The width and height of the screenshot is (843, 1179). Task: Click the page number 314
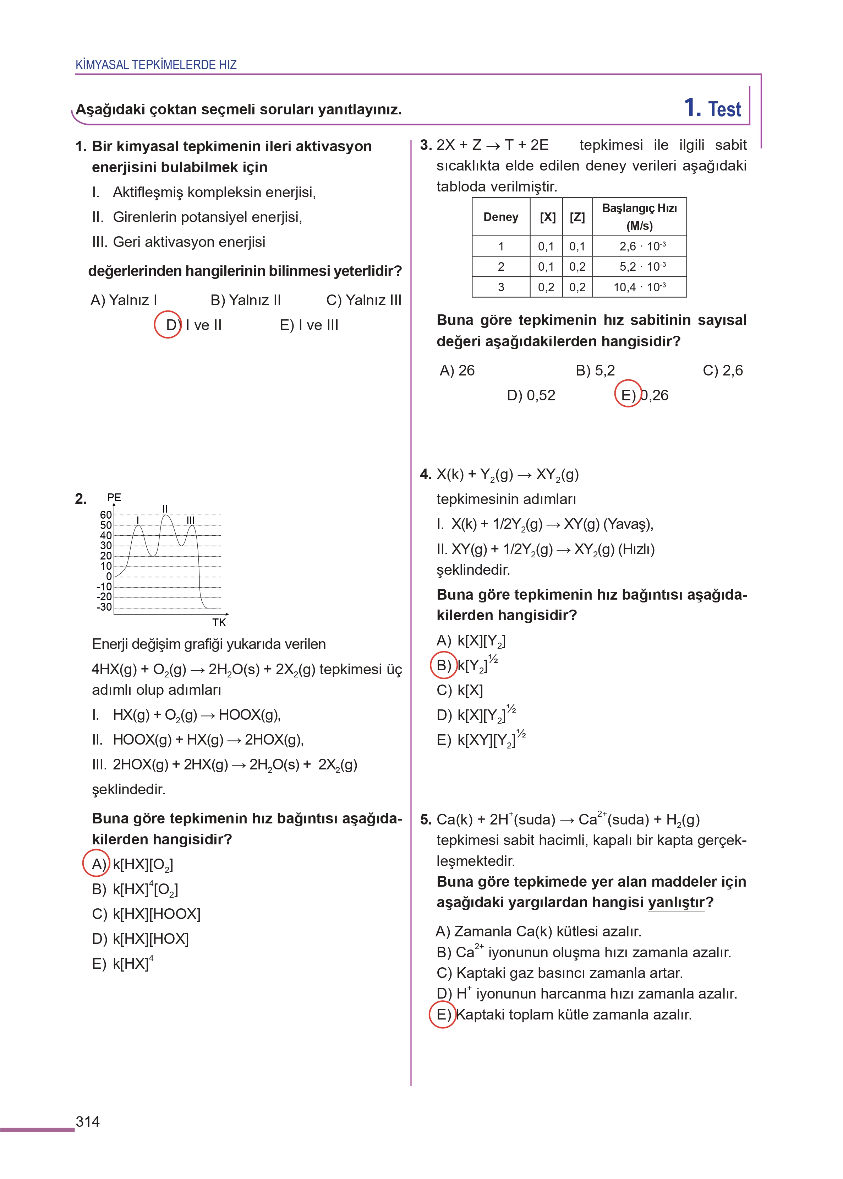tap(87, 1121)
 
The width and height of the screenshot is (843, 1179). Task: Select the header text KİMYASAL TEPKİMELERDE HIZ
tap(156, 65)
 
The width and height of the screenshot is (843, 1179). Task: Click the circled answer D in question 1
tap(168, 325)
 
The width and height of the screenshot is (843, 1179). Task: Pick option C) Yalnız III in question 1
tap(363, 300)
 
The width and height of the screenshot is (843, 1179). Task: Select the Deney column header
tap(500, 217)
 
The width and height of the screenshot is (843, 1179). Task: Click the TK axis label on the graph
tap(219, 622)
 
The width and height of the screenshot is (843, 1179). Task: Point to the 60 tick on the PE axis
tap(106, 515)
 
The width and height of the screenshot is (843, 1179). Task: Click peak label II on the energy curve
tap(165, 508)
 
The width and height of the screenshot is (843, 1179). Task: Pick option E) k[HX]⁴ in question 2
tap(122, 963)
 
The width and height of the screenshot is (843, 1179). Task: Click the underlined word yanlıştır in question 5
tap(676, 902)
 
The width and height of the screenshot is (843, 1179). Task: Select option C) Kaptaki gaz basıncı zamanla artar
tap(560, 973)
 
